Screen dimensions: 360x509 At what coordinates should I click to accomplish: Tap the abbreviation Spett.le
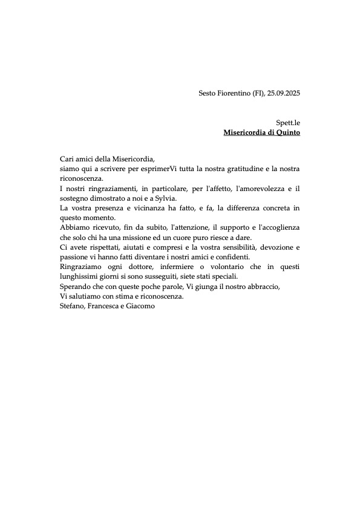pyautogui.click(x=288, y=122)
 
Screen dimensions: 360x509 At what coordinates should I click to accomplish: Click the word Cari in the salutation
pyautogui.click(x=67, y=158)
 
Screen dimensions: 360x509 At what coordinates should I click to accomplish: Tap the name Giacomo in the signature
pyautogui.click(x=140, y=306)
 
